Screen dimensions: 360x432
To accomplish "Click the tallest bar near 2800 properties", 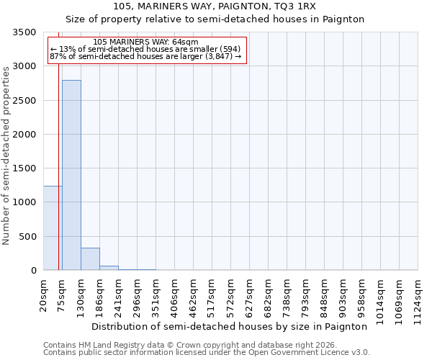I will (x=71, y=175).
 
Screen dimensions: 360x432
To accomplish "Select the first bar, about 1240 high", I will (x=53, y=228).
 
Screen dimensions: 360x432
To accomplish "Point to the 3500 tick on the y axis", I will (x=26, y=32).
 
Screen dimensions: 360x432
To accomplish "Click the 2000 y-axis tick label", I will (x=26, y=135).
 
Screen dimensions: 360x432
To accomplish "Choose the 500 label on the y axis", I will (x=29, y=237).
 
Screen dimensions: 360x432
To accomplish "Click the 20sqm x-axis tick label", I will (x=44, y=296).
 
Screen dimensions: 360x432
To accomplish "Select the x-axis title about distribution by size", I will (x=230, y=326).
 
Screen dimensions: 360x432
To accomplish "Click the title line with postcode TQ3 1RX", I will (x=215, y=6).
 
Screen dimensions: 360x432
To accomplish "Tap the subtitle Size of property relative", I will (x=215, y=19).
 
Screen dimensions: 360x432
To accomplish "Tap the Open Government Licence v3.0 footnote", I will (x=206, y=353).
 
